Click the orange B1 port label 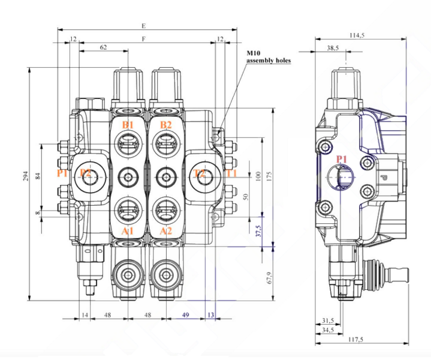tap(127, 125)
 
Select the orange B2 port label tap(166, 125)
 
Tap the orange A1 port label tap(127, 231)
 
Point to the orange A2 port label tap(166, 231)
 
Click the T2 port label tap(200, 174)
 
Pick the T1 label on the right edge tap(231, 174)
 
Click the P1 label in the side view tap(342, 159)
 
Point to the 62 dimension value tap(103, 47)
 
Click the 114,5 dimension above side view tap(357, 36)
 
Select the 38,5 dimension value tap(333, 48)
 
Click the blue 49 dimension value tap(185, 314)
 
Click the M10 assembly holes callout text tap(267, 57)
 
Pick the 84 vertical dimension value tap(37, 176)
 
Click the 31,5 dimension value tap(328, 320)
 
